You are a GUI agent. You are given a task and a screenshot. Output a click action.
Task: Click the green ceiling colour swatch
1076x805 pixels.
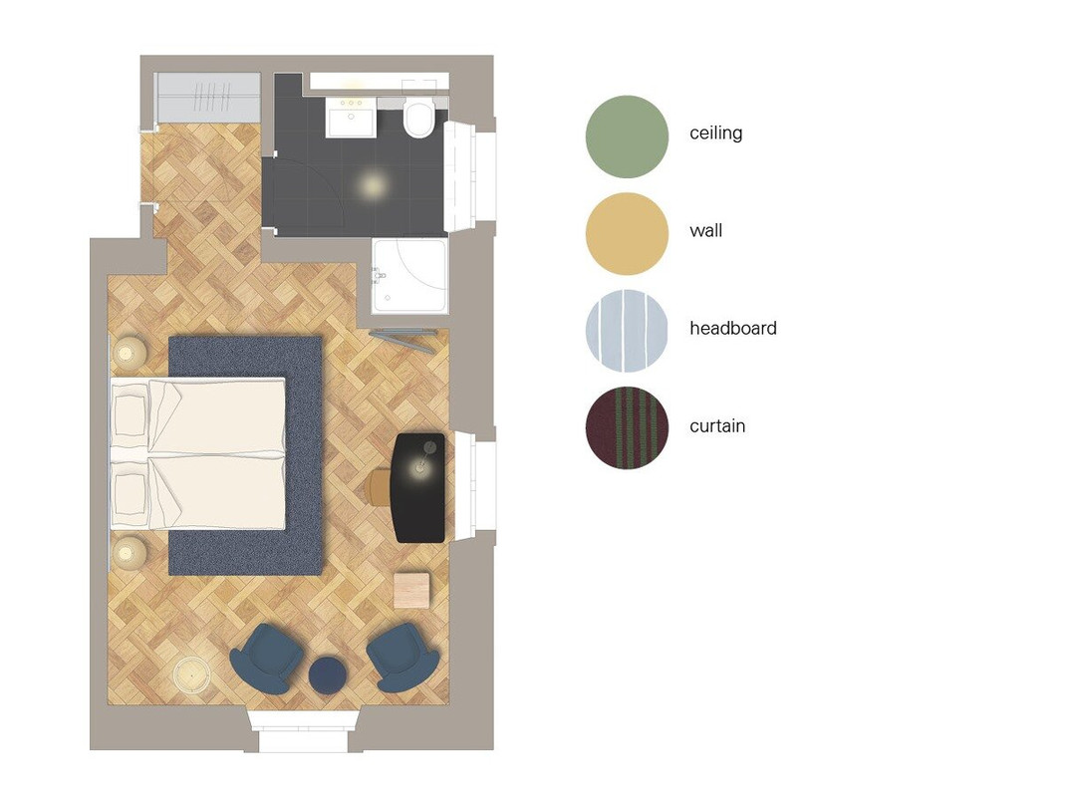627,136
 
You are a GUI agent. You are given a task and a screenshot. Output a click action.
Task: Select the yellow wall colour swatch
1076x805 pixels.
627,234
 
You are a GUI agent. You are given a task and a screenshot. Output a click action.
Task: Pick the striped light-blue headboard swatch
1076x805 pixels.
627,331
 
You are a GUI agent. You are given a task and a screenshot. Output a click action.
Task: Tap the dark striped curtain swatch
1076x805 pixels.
627,428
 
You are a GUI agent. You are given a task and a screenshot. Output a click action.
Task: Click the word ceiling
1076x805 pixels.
715,133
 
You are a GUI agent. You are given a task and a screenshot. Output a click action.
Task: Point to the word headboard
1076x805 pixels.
733,328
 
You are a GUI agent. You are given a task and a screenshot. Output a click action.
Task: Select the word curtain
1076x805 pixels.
717,425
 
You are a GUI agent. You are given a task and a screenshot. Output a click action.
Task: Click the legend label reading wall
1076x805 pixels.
705,230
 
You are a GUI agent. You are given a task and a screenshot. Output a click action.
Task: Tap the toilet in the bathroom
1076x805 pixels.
418,118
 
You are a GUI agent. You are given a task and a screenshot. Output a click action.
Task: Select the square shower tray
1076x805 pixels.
410,275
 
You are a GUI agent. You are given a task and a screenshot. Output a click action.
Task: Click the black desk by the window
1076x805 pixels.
418,487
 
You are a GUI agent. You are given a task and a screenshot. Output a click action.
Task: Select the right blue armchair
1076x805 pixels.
403,657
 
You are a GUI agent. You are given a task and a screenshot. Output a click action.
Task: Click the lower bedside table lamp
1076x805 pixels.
129,553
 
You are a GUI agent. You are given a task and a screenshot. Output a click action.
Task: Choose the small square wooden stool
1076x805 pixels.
411,590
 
